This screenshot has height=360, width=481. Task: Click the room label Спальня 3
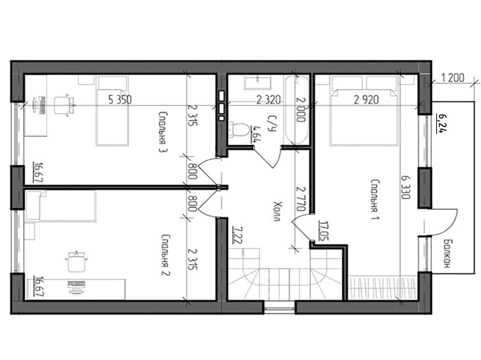pyautogui.click(x=163, y=132)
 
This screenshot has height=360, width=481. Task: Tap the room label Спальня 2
pyautogui.click(x=166, y=255)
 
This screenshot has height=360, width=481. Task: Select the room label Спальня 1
pyautogui.click(x=375, y=199)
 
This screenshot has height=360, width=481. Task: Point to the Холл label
pyautogui.click(x=278, y=211)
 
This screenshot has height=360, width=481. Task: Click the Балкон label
pyautogui.click(x=446, y=254)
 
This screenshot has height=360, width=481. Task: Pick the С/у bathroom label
pyautogui.click(x=272, y=124)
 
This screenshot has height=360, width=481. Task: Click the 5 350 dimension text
pyautogui.click(x=120, y=100)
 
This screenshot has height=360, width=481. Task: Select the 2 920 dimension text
pyautogui.click(x=366, y=100)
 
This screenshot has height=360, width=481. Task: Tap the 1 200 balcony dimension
pyautogui.click(x=453, y=78)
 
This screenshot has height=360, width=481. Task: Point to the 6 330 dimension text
pyautogui.click(x=406, y=187)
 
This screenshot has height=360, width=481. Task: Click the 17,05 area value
pyautogui.click(x=324, y=231)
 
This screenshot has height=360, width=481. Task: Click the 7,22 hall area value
pyautogui.click(x=237, y=235)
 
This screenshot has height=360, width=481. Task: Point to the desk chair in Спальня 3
pyautogui.click(x=64, y=105)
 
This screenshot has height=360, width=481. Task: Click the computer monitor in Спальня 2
pyautogui.click(x=76, y=287)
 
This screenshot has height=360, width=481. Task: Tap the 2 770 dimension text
pyautogui.click(x=300, y=199)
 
